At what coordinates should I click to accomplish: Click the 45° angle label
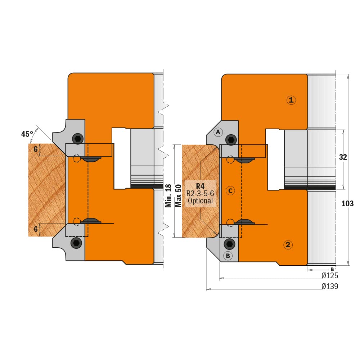(27, 134)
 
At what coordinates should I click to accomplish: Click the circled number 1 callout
(291, 100)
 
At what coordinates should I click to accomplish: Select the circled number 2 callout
(288, 245)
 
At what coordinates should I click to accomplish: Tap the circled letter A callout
(218, 132)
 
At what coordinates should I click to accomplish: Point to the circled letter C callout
(230, 190)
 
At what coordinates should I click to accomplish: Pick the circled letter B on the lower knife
(228, 256)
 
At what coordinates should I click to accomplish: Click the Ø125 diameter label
(330, 275)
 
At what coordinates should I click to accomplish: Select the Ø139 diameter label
(330, 286)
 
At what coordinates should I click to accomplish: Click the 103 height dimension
(348, 203)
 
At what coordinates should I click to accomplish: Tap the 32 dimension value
(343, 157)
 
